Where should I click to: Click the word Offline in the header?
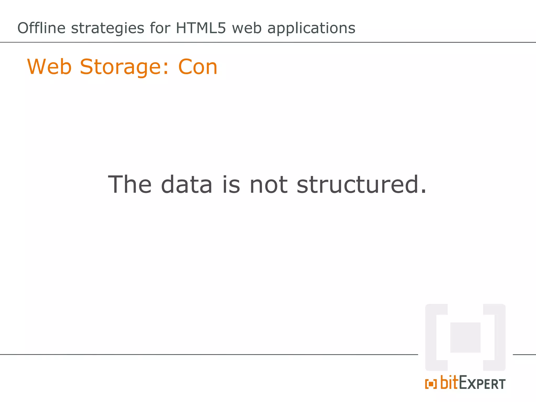coord(41,28)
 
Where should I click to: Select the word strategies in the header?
coord(108,28)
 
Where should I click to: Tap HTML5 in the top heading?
coord(200,28)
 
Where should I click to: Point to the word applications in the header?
coord(311,28)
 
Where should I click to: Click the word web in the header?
coord(247,28)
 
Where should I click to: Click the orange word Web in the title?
coord(49,67)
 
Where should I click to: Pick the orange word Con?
coord(198,67)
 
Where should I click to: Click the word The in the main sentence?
coord(130,185)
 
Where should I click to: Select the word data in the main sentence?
coord(187,185)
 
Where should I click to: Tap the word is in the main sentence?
coord(231,185)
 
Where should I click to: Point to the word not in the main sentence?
coord(269,185)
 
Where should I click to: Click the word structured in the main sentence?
coord(358,185)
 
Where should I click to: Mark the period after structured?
coord(423,191)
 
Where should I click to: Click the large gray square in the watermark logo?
coord(465,337)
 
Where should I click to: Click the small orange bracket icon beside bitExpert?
coord(431,384)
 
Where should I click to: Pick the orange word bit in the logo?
coord(449,382)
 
